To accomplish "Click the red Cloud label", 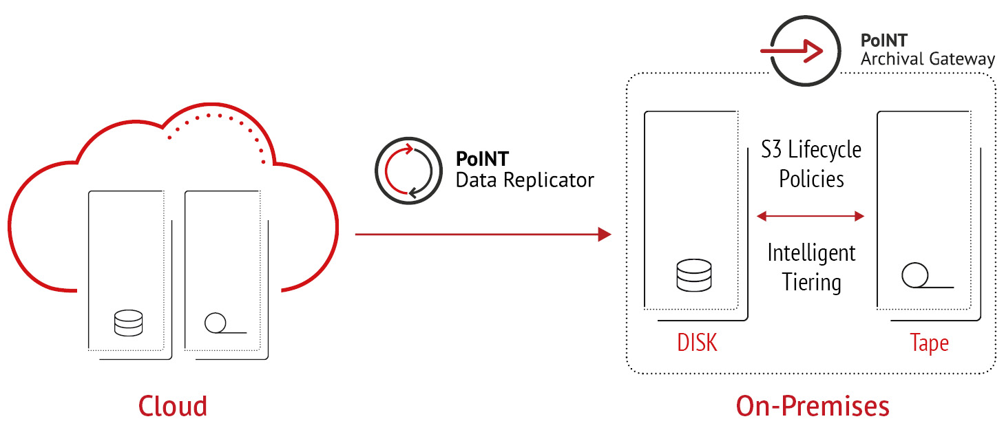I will pyautogui.click(x=173, y=406).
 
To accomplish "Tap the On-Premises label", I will pyautogui.click(x=813, y=406).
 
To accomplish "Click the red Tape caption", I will pyautogui.click(x=929, y=342).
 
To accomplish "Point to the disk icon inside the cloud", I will pyautogui.click(x=128, y=323).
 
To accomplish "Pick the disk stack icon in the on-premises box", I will pyautogui.click(x=693, y=275).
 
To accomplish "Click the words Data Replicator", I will pyautogui.click(x=525, y=181).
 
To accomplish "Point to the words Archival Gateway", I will pyautogui.click(x=928, y=60).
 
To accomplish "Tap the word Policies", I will pyautogui.click(x=811, y=179).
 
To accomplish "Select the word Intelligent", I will pyautogui.click(x=811, y=253).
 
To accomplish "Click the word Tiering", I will pyautogui.click(x=811, y=282).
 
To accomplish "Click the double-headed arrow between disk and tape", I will pyautogui.click(x=810, y=217).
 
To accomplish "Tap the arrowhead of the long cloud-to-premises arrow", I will pyautogui.click(x=605, y=235).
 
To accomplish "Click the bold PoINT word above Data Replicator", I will pyautogui.click(x=482, y=160).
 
